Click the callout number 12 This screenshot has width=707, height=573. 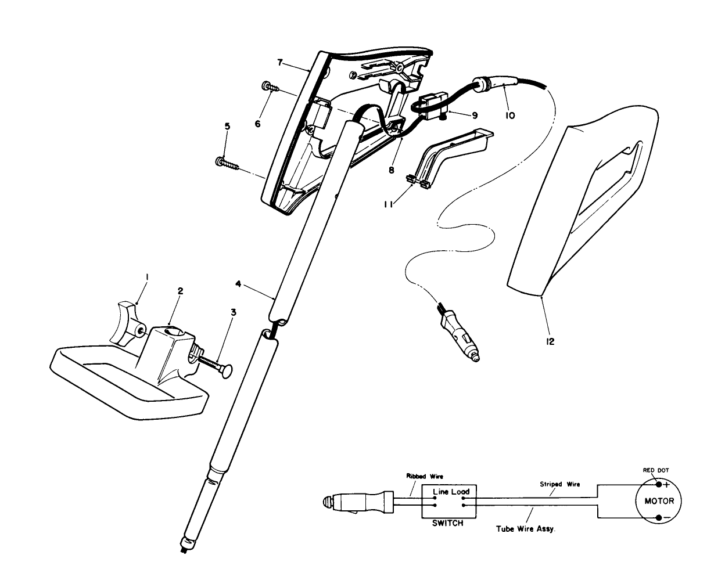click(x=550, y=341)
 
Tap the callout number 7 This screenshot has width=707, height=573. click(x=279, y=63)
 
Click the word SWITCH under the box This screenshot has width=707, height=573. click(x=448, y=523)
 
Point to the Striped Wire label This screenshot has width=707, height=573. click(x=560, y=484)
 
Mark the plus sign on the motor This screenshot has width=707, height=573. click(x=667, y=484)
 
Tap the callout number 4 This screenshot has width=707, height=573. click(x=238, y=284)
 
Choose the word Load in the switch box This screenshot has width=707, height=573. click(x=460, y=492)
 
